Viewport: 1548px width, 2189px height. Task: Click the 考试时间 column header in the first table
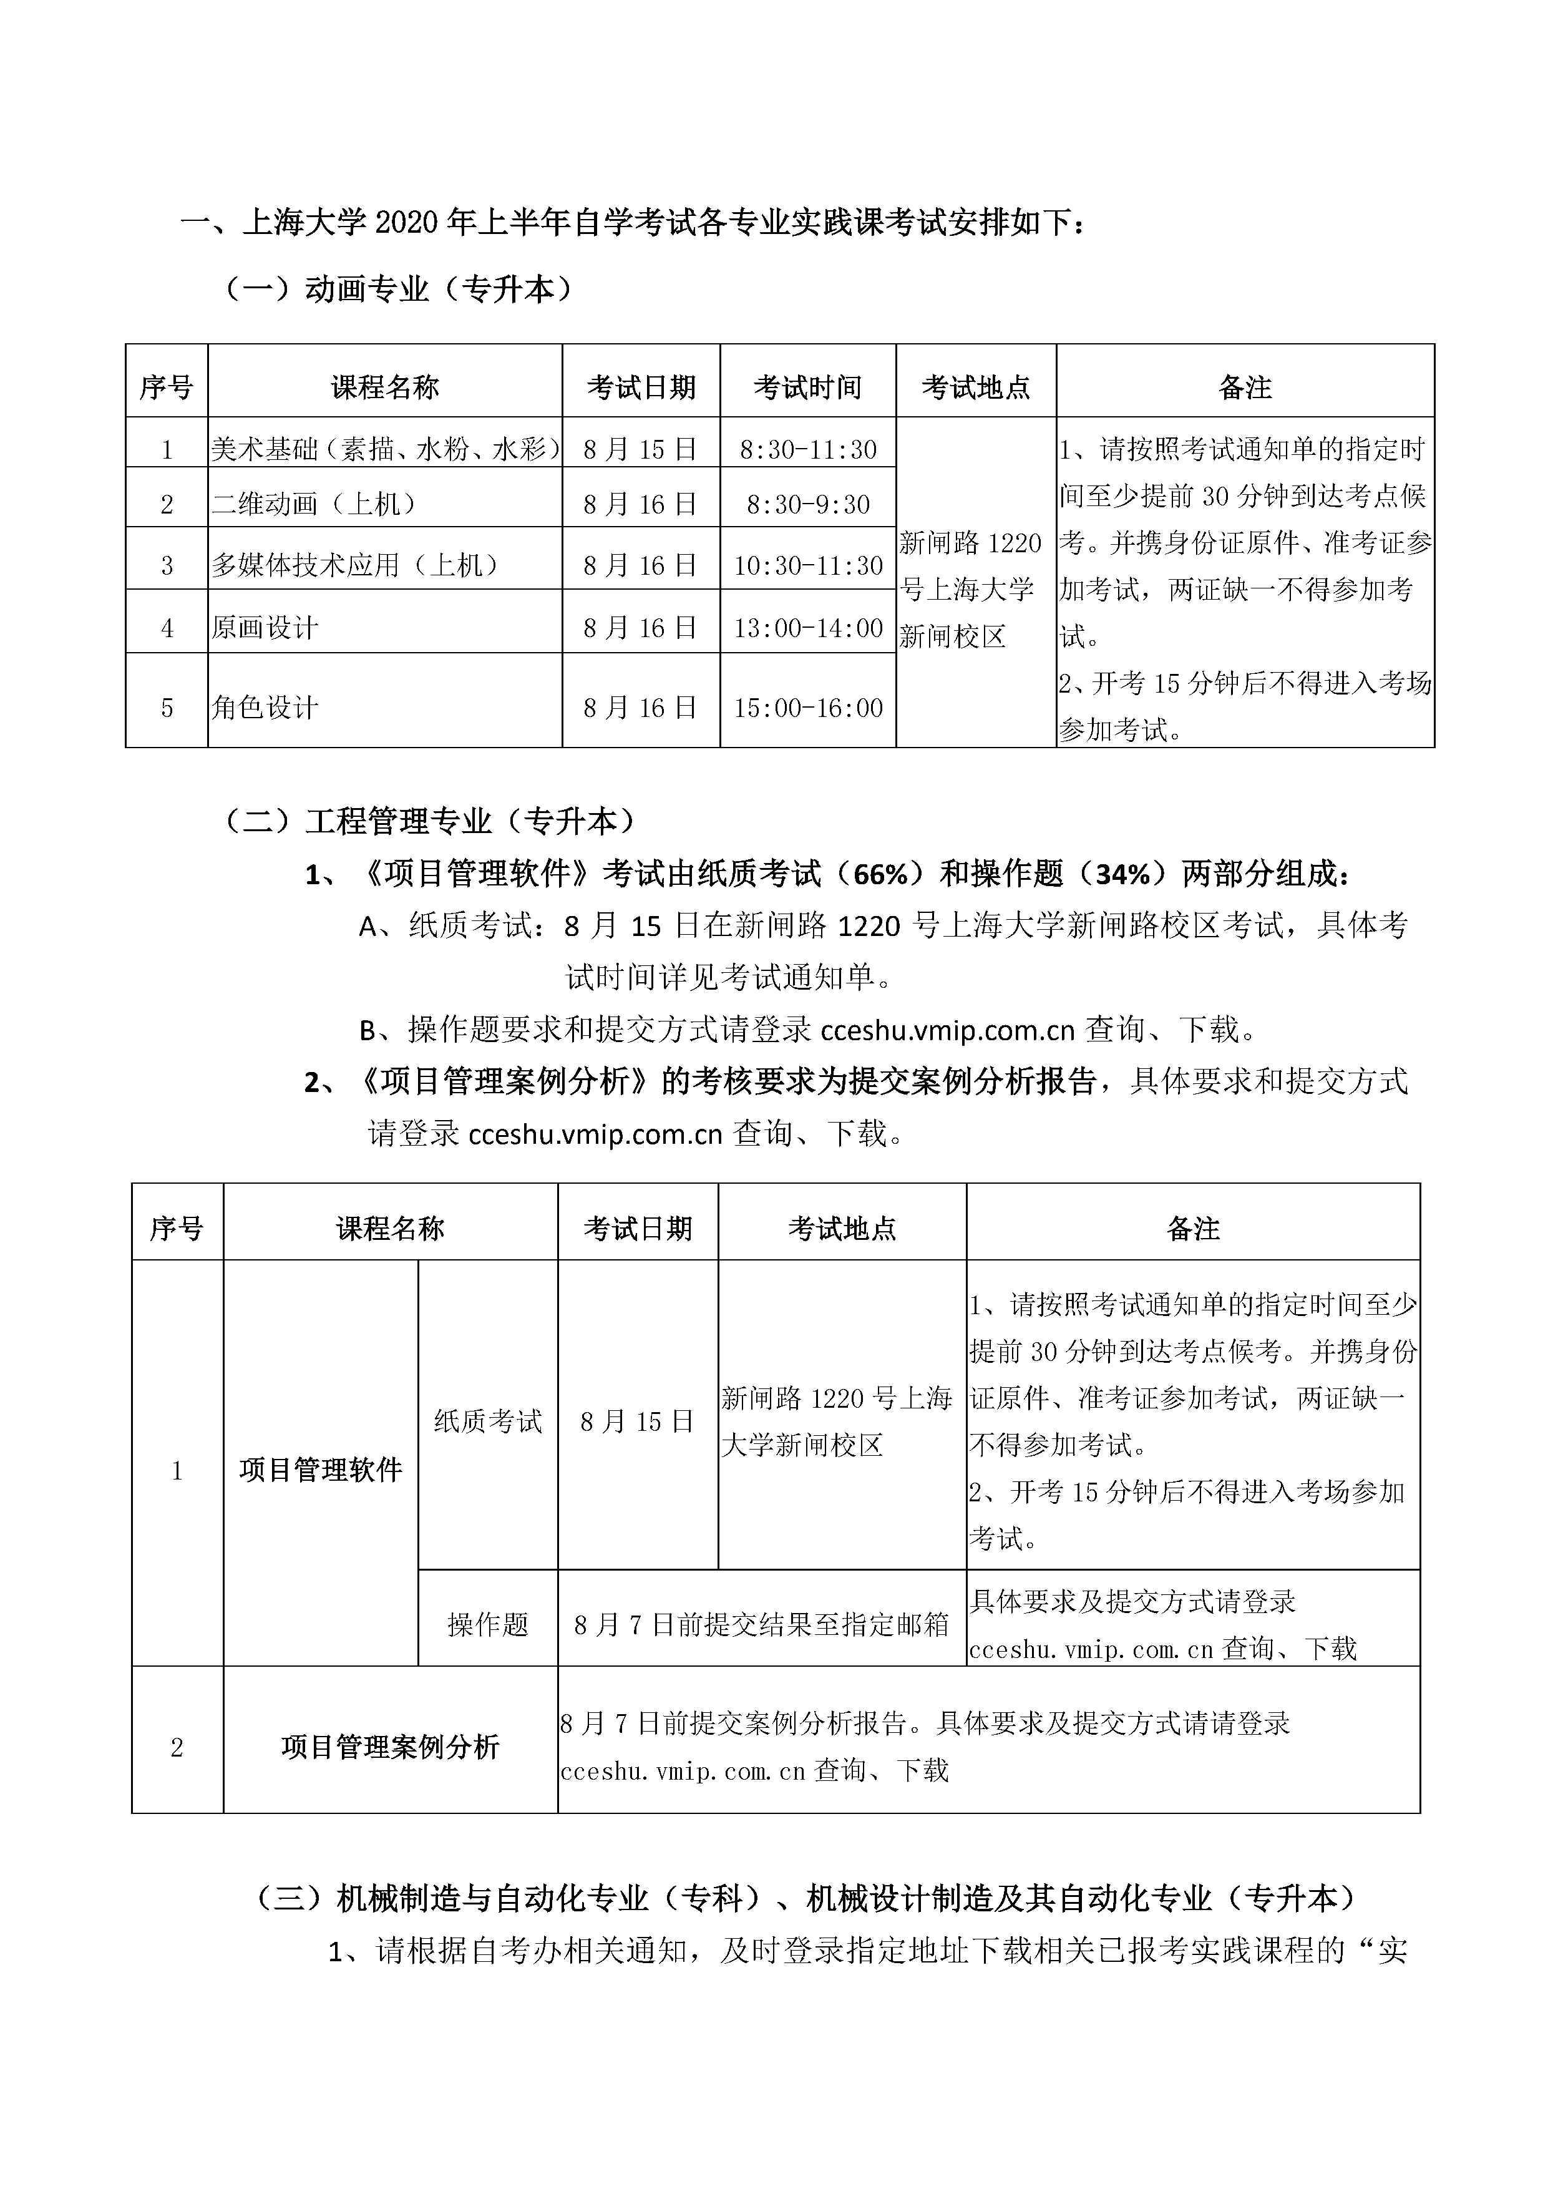click(807, 387)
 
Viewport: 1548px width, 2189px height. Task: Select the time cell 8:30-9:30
click(807, 504)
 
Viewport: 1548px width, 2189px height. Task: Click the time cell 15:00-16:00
click(807, 708)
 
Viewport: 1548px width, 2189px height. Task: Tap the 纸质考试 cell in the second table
click(487, 1421)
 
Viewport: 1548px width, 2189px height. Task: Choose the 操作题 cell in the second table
click(487, 1624)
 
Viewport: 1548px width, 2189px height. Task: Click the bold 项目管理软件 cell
click(320, 1470)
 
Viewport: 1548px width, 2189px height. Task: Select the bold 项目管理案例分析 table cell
click(390, 1747)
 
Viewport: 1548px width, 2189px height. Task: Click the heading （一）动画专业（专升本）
click(399, 289)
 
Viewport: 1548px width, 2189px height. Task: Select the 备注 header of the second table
click(1192, 1228)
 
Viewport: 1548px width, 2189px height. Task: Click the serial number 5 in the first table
click(167, 708)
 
